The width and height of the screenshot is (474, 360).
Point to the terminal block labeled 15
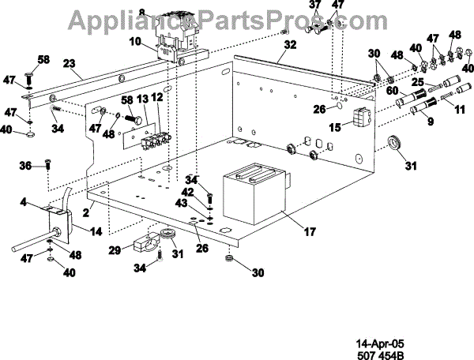(x=361, y=118)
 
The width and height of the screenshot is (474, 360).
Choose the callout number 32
(x=291, y=46)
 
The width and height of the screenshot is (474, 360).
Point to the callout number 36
(x=25, y=165)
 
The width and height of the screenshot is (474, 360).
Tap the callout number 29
(x=115, y=249)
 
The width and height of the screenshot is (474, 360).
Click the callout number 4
(x=25, y=204)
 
